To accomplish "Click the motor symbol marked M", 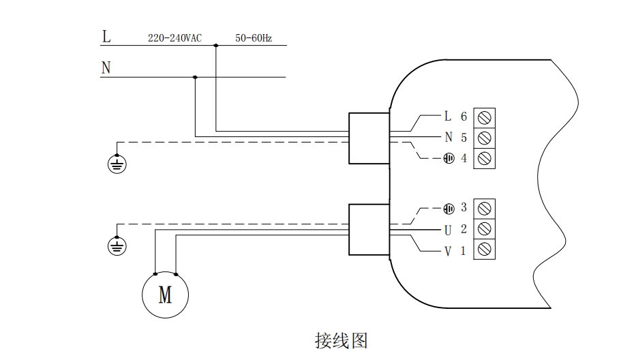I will click(x=165, y=295).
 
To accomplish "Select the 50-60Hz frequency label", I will click(x=254, y=39).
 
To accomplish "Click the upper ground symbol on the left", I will click(x=117, y=164).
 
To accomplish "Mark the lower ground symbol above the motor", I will click(x=117, y=245).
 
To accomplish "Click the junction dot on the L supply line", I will click(x=216, y=46).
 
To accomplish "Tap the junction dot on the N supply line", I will click(x=196, y=77).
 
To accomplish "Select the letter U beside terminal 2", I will click(x=448, y=229).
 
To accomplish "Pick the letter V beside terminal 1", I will click(x=448, y=251).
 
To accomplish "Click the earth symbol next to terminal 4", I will click(x=449, y=158).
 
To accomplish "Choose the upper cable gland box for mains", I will click(x=369, y=138).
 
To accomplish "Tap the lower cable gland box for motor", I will click(x=369, y=229).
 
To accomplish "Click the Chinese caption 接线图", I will click(x=341, y=340).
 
